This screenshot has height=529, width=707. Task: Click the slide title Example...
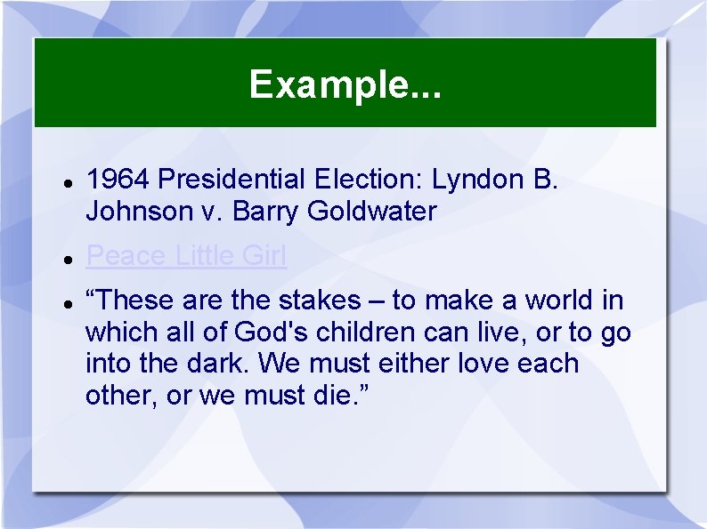345,84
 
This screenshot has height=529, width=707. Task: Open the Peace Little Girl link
186,256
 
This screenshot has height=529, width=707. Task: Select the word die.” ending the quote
336,395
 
